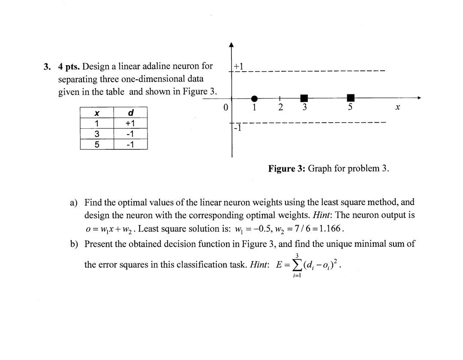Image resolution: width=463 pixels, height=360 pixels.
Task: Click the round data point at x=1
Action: (x=254, y=99)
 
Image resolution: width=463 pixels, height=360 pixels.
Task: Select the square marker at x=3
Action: (x=304, y=98)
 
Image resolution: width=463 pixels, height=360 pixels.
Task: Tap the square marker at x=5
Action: (x=351, y=98)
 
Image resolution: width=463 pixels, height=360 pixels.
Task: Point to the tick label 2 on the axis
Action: (x=280, y=107)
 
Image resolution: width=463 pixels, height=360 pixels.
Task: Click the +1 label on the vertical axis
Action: (x=238, y=66)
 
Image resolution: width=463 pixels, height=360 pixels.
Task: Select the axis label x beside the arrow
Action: (x=397, y=108)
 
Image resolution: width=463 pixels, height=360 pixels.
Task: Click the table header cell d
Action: (x=131, y=113)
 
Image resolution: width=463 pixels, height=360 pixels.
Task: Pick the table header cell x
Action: (x=97, y=113)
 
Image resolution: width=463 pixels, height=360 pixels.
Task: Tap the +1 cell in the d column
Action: (x=131, y=123)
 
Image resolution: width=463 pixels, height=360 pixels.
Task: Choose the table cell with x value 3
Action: (x=97, y=134)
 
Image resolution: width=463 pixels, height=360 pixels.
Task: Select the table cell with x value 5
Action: (x=97, y=145)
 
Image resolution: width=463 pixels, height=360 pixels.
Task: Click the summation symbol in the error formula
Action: (x=296, y=265)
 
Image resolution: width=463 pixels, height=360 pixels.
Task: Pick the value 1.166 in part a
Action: (x=330, y=228)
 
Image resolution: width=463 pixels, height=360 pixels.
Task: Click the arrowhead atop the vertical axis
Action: (x=231, y=45)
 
